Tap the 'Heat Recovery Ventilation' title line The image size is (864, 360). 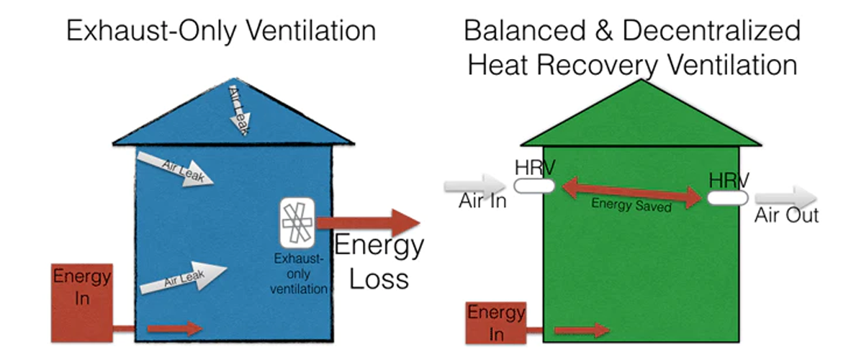(631, 65)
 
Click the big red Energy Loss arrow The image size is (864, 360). (367, 223)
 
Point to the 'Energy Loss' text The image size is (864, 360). (379, 261)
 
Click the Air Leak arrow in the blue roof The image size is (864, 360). (240, 108)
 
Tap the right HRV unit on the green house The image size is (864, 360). (727, 197)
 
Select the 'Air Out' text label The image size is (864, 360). (786, 215)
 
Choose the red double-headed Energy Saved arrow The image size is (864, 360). (631, 193)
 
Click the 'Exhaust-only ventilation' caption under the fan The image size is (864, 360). (298, 274)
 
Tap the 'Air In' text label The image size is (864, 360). (482, 201)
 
